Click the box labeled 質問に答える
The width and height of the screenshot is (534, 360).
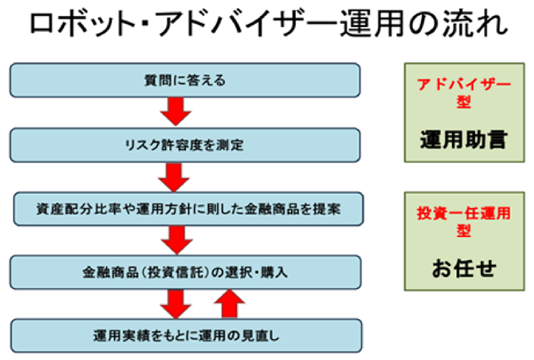pyautogui.click(x=185, y=80)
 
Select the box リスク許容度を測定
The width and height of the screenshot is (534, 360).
pyautogui.click(x=185, y=145)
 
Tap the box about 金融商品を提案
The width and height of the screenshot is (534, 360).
pyautogui.click(x=189, y=208)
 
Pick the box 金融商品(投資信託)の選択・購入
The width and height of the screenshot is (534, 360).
pyautogui.click(x=185, y=272)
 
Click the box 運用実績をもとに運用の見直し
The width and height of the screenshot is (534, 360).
pyautogui.click(x=187, y=336)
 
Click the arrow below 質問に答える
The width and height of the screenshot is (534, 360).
pyautogui.click(x=176, y=111)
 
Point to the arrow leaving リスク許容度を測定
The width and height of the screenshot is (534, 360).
pyautogui.click(x=174, y=177)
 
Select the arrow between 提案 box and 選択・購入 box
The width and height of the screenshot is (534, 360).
pyautogui.click(x=177, y=240)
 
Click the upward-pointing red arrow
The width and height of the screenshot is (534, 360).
pyautogui.click(x=230, y=304)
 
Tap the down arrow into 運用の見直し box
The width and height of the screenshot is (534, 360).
pyautogui.click(x=176, y=304)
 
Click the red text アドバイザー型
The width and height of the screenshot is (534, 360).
pyautogui.click(x=464, y=93)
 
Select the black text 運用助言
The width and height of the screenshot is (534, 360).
pyautogui.click(x=464, y=140)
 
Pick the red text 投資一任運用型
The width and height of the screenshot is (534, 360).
pyautogui.click(x=464, y=222)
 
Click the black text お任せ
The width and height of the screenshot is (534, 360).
pyautogui.click(x=464, y=268)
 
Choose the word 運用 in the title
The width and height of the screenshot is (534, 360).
pyautogui.click(x=373, y=23)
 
